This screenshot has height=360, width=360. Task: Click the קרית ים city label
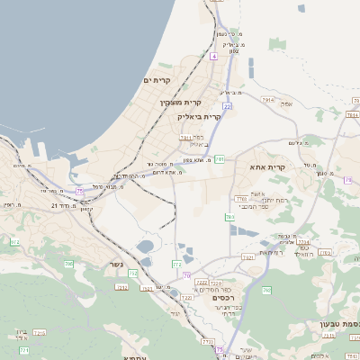point(157,80)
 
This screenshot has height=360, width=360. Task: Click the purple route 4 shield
point(213,57)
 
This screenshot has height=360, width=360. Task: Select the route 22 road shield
point(228,106)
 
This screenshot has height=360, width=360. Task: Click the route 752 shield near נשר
point(132,274)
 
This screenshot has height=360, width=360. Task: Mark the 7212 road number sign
point(121,288)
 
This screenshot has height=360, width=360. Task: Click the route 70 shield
point(186,274)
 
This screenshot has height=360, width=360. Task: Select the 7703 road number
point(240,198)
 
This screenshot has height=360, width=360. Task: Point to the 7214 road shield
point(303,243)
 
